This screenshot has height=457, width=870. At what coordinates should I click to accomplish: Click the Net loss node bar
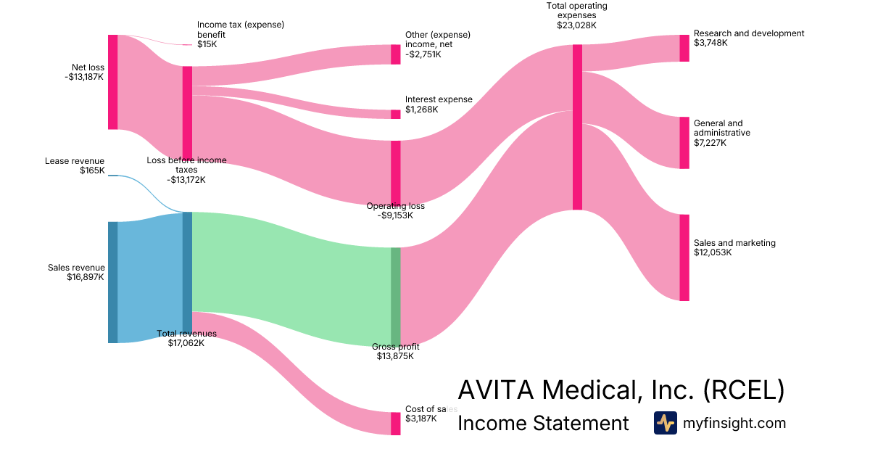(x=112, y=82)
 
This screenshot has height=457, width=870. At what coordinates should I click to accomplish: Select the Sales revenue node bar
(x=112, y=282)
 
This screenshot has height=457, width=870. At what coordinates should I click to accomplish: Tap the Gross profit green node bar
(x=395, y=297)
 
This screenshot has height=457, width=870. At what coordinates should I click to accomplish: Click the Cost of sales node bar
(x=395, y=424)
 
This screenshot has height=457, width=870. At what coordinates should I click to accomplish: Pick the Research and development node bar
(x=684, y=48)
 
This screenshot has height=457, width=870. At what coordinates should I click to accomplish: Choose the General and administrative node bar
(x=684, y=143)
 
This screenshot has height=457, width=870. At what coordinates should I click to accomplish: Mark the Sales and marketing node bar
(x=684, y=258)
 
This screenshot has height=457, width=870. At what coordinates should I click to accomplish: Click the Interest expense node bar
(x=395, y=114)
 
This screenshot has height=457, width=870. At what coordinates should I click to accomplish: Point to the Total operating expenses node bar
(x=577, y=127)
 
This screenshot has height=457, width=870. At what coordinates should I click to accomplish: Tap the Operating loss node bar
(x=395, y=173)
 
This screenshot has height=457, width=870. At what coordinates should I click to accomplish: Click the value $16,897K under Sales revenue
(x=86, y=277)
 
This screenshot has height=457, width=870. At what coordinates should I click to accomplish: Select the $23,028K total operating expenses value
(x=576, y=25)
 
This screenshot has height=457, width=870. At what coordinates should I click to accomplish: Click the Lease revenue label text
(x=75, y=161)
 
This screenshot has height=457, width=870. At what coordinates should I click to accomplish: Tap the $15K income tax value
(x=207, y=44)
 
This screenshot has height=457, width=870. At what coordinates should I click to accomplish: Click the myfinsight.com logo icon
(x=665, y=423)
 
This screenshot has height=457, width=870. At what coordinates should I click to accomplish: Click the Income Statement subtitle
(x=543, y=424)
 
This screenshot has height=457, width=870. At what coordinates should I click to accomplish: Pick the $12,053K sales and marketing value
(x=713, y=253)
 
